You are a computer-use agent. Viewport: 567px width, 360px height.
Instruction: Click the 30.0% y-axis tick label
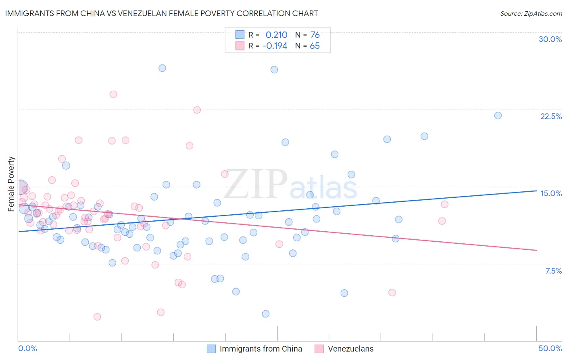pyautogui.click(x=550, y=39)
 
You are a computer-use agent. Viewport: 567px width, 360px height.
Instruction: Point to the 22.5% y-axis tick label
pyautogui.click(x=551, y=116)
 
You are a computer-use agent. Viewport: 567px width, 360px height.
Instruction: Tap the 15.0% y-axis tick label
pyautogui.click(x=551, y=193)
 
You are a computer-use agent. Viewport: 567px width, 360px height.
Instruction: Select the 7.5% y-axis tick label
pyautogui.click(x=553, y=271)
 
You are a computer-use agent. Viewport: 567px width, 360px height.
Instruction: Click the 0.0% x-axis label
pyautogui.click(x=27, y=348)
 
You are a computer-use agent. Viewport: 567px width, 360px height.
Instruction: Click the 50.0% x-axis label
pyautogui.click(x=550, y=348)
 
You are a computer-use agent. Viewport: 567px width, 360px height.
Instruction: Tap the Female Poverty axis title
pyautogui.click(x=11, y=184)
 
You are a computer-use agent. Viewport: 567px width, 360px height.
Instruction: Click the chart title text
pyautogui.click(x=161, y=13)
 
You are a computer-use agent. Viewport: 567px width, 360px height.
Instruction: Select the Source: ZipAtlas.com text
pyautogui.click(x=531, y=13)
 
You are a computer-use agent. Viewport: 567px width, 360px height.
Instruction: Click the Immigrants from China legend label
pyautogui.click(x=261, y=349)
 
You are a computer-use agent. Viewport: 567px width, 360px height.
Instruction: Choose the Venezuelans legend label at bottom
pyautogui.click(x=350, y=349)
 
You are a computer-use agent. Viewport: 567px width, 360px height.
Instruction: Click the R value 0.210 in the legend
pyautogui.click(x=276, y=35)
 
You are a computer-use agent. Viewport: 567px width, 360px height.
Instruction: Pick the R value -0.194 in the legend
pyautogui.click(x=275, y=46)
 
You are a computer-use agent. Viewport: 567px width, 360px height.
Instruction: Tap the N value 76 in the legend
pyautogui.click(x=315, y=35)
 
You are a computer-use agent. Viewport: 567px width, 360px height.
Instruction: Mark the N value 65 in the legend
pyautogui.click(x=315, y=46)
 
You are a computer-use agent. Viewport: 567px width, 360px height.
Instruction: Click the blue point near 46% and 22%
pyautogui.click(x=498, y=115)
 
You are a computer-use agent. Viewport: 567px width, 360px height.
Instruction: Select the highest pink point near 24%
pyautogui.click(x=113, y=94)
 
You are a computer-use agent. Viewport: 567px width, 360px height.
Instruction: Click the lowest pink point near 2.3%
pyautogui.click(x=97, y=317)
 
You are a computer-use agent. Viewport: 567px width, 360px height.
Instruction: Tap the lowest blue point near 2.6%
pyautogui.click(x=265, y=314)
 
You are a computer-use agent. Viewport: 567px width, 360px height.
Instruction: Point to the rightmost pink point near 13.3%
pyautogui.click(x=444, y=204)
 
